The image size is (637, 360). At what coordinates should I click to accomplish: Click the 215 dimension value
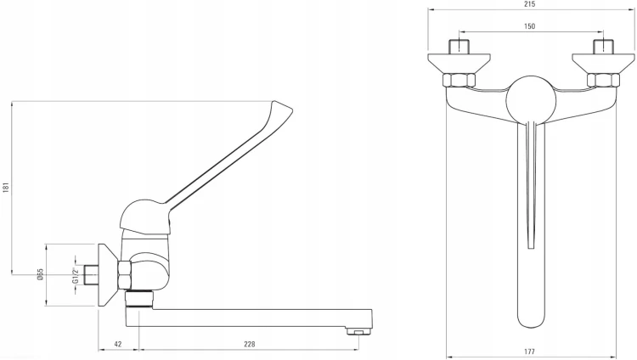530,4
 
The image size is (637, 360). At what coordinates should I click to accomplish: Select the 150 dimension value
529,26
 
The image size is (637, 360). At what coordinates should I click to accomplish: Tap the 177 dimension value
529,352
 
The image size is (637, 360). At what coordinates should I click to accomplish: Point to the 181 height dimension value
6,188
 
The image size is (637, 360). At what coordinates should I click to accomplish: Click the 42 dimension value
118,344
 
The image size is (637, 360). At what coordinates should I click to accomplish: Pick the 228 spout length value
250,344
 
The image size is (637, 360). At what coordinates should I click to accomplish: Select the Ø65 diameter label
40,274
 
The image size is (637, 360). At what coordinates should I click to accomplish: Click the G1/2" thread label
75,275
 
